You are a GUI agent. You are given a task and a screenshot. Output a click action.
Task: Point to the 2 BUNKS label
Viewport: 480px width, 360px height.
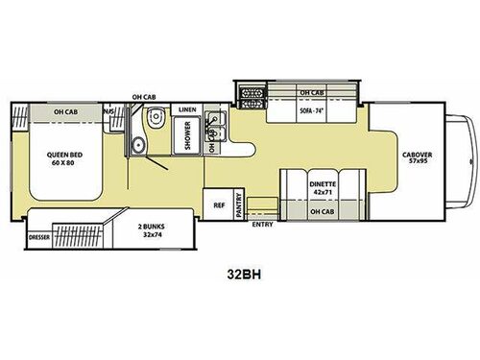pos(149,224)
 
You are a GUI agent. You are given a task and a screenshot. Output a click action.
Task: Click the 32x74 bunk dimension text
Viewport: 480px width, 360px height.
pos(149,233)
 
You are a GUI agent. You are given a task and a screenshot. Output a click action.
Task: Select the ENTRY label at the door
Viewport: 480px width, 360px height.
pos(261,226)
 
